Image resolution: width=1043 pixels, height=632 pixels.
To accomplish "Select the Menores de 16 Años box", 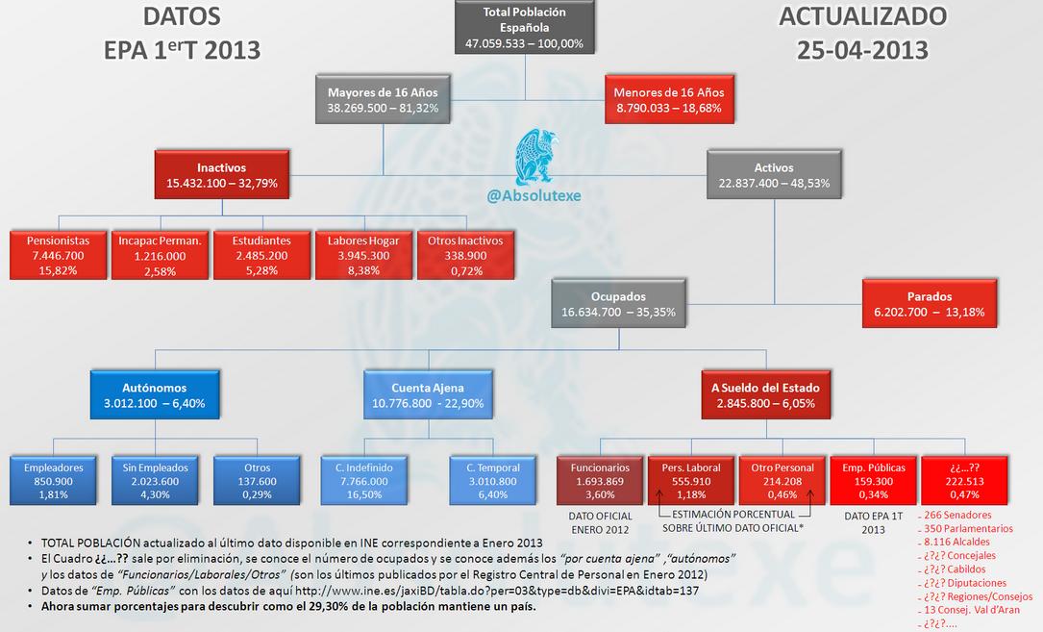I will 669,100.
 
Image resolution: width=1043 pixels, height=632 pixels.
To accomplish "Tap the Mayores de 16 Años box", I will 383,100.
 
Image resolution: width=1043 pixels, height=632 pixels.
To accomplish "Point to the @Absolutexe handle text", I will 534,196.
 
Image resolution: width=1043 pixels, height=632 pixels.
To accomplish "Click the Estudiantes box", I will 261,256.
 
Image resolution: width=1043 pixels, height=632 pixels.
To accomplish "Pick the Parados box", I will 929,304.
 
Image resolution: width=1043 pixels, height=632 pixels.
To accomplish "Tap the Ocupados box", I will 619,304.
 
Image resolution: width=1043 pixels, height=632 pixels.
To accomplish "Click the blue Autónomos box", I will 155,396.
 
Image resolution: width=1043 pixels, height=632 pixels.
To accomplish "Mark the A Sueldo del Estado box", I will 765,396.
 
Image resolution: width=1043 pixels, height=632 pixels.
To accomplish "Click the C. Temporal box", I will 493,481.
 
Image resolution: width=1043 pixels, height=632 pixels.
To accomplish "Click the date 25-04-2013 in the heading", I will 861,48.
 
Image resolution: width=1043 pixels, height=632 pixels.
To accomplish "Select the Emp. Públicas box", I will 872,481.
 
